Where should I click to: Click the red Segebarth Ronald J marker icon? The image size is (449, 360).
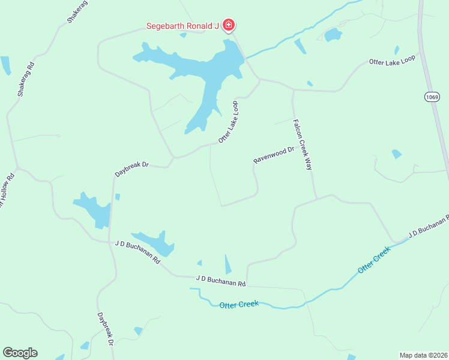[228, 25]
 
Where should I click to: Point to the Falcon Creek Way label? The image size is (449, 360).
[303, 145]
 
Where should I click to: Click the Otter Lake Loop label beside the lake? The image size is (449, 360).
[229, 122]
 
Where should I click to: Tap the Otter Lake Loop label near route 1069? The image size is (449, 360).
[392, 61]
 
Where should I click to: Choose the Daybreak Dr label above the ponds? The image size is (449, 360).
[131, 168]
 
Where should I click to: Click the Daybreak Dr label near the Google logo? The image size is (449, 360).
[106, 329]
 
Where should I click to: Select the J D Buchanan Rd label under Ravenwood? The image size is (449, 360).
[221, 280]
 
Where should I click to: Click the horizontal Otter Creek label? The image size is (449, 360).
[239, 304]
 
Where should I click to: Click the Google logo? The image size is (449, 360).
[20, 353]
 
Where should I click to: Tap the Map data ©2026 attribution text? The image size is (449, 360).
[423, 355]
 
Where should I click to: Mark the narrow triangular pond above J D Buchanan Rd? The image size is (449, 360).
[228, 265]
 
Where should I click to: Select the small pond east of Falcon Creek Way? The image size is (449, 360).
[396, 154]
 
